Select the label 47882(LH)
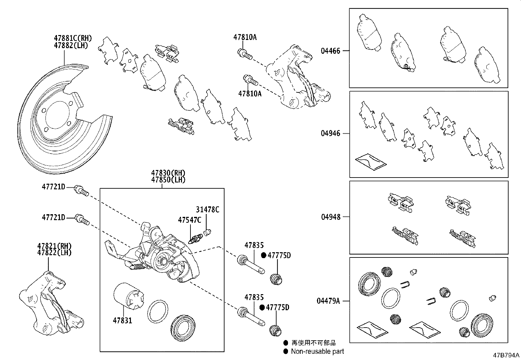coord(71,45)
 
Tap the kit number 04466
coord(330,51)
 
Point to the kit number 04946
coord(330,133)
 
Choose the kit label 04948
coord(330,217)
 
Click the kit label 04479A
coord(328,300)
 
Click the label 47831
coord(122,320)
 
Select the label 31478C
coord(207,210)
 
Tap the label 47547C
coord(189,220)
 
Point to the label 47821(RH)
coord(54,246)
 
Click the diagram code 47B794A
coord(506,355)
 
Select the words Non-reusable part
coord(317,351)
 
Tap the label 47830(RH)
coord(168,173)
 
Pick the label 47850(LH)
coord(168,180)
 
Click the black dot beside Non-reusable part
coord(286,351)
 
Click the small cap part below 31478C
coord(206,233)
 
